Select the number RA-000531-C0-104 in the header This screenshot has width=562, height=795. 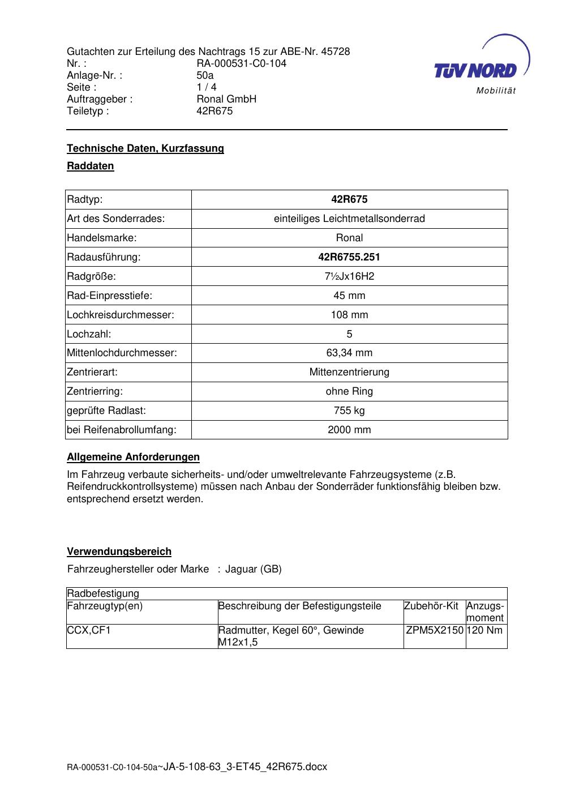point(241,63)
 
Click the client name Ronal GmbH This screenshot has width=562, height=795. point(226,99)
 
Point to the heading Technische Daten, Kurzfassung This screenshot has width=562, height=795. point(145,148)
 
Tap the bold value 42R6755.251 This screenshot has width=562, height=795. point(349,257)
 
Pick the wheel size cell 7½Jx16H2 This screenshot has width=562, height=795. point(349,276)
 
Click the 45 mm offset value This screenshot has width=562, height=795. point(349,296)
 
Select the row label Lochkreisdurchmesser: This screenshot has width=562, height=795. point(121,315)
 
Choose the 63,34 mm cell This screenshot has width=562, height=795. point(349,353)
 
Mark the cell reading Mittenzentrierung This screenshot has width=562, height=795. point(349,372)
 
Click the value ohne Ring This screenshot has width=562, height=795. point(349,391)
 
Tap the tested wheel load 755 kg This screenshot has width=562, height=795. point(349,411)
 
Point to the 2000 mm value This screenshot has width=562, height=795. point(349,430)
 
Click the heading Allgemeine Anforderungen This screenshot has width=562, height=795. point(133,457)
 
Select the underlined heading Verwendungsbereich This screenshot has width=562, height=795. point(119,552)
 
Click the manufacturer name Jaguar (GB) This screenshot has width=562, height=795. point(253,569)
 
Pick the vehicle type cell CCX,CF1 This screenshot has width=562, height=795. point(89,630)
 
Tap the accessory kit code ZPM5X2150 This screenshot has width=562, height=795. point(435,630)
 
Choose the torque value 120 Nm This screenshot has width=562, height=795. point(486,630)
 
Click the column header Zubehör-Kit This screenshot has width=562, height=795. point(431,606)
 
